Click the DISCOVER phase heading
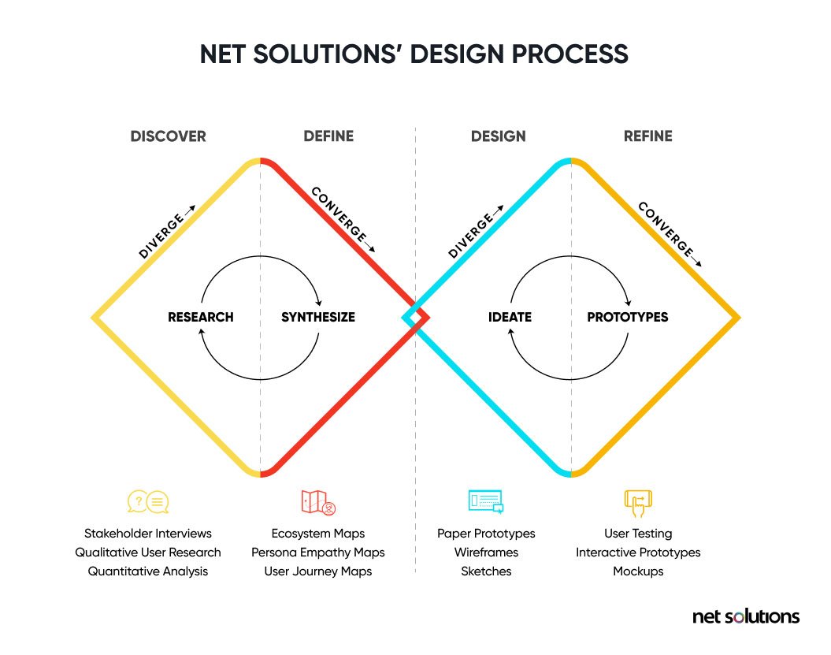point(168,136)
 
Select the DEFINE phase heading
point(328,136)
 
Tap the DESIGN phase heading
point(498,136)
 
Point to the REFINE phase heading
point(647,136)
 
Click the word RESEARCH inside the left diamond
point(201,317)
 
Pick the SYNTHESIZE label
point(318,317)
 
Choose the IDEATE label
point(510,317)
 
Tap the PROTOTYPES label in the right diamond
point(628,317)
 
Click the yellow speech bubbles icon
point(148,502)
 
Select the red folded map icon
point(318,502)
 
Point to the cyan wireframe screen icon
point(486,501)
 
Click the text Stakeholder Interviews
point(148,534)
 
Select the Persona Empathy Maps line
point(318,553)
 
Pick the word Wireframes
point(486,553)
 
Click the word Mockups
point(638,571)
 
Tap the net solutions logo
point(746,617)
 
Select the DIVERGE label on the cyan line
point(475,232)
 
